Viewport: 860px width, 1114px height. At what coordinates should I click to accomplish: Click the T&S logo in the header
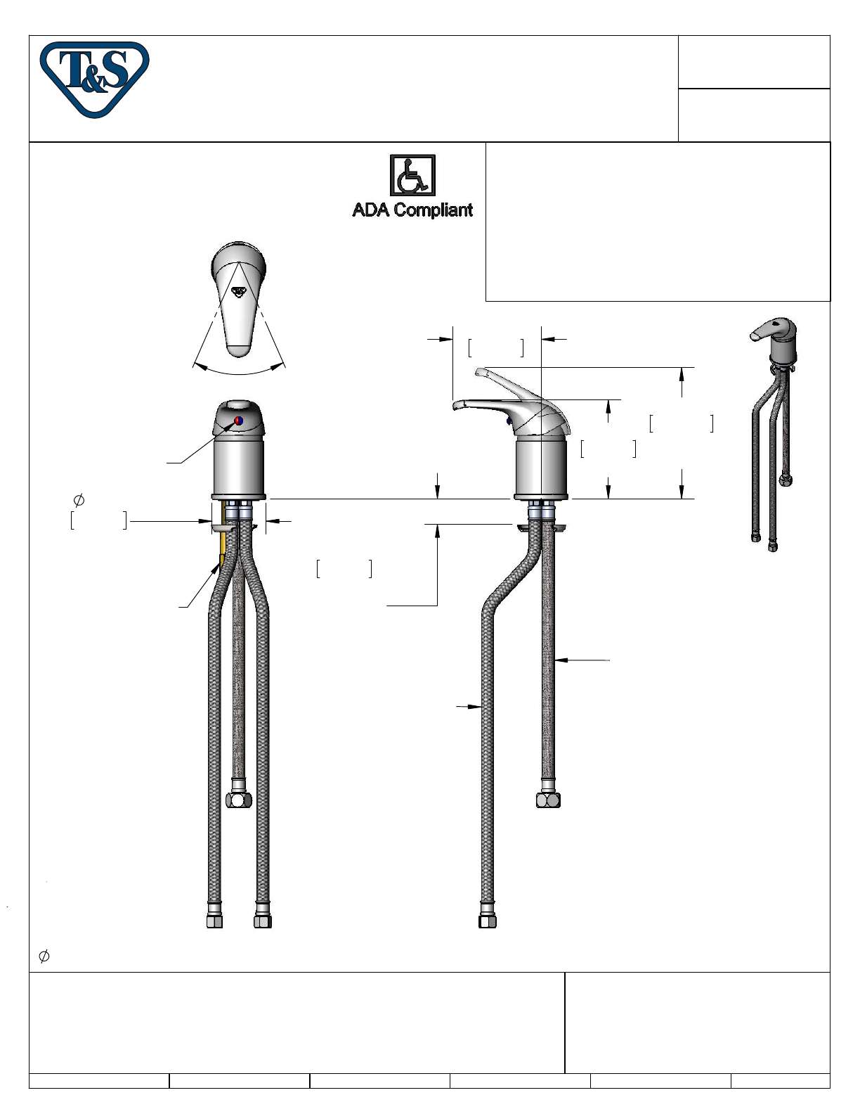click(95, 79)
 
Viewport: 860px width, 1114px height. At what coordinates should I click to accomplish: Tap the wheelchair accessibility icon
click(412, 175)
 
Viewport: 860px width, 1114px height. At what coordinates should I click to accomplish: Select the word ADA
click(371, 210)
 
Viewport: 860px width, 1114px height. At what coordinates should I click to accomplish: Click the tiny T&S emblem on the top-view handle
click(239, 292)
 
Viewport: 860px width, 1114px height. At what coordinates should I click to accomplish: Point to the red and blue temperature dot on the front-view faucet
click(238, 421)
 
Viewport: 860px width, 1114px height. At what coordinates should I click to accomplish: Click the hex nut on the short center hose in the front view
click(239, 800)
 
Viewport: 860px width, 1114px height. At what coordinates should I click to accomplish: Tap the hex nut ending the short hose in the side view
click(548, 800)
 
